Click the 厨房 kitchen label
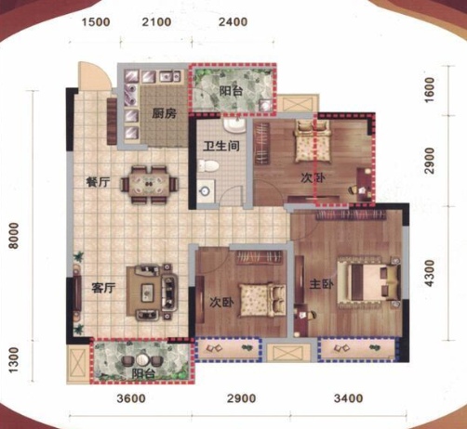tap(164, 113)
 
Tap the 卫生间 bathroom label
tap(221, 146)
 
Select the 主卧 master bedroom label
tap(322, 284)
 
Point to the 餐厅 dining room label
tap(98, 182)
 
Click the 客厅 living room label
tap(103, 288)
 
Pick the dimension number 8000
tap(14, 236)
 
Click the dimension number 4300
tap(430, 273)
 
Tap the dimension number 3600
tap(131, 398)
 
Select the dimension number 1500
tap(96, 22)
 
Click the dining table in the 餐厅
tap(150, 185)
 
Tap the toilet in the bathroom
tap(208, 165)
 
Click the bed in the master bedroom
tap(368, 282)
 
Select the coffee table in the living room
tap(147, 292)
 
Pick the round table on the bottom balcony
tap(143, 360)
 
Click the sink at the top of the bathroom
tap(235, 125)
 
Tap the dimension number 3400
tap(348, 398)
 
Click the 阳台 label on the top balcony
tap(232, 91)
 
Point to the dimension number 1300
tap(14, 360)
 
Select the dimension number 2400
tap(233, 22)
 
